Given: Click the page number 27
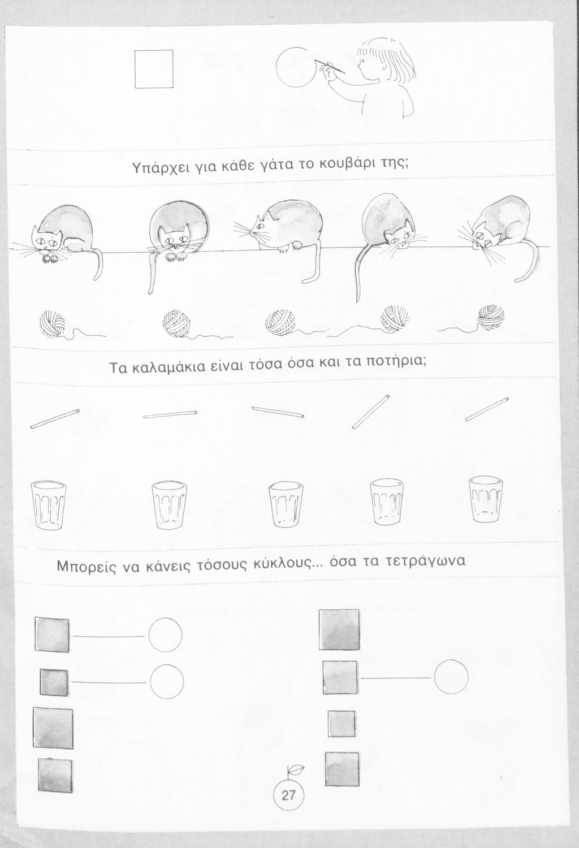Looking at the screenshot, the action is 288,795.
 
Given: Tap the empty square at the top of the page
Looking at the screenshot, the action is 154,69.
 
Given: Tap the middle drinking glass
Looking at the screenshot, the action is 286,504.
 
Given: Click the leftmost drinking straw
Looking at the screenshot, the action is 55,418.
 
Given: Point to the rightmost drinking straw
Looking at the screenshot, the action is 487,409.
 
